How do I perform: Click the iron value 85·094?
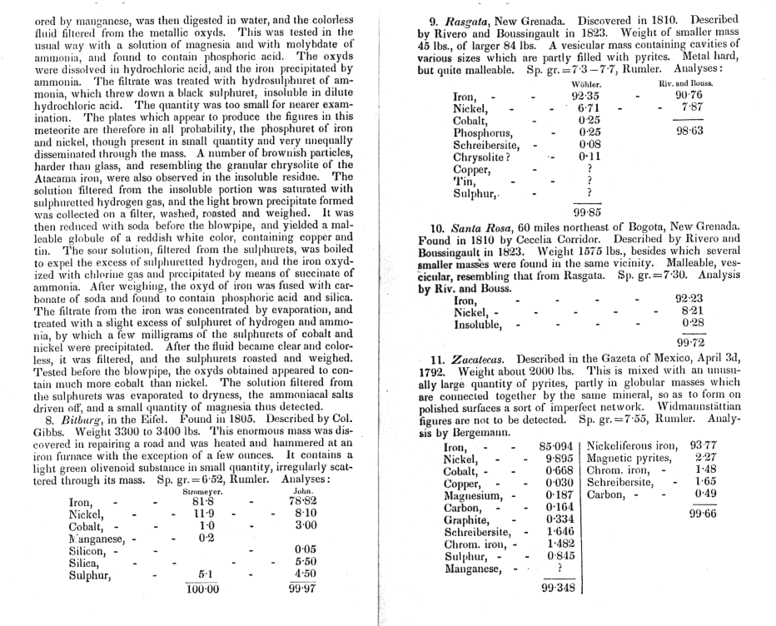(x=560, y=445)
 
